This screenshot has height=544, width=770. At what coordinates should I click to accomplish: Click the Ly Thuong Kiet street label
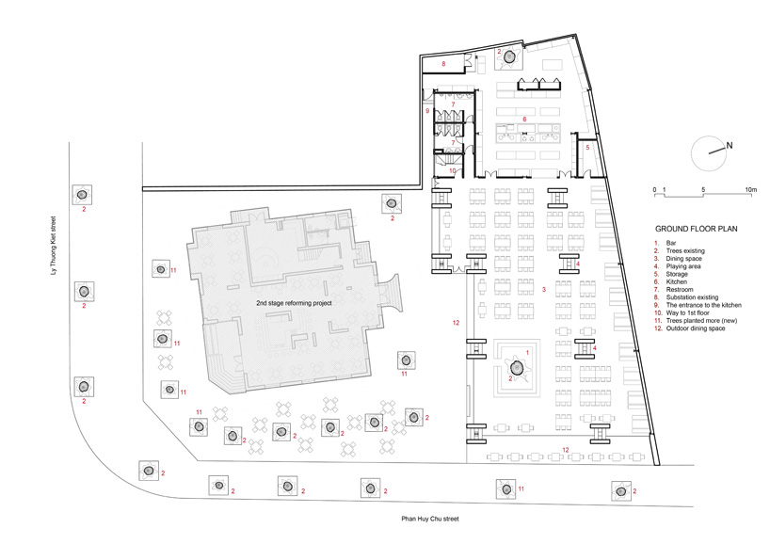pyautogui.click(x=54, y=245)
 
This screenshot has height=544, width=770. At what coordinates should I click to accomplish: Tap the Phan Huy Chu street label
pyautogui.click(x=430, y=519)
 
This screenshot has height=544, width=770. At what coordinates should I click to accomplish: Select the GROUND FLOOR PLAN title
pyautogui.click(x=697, y=229)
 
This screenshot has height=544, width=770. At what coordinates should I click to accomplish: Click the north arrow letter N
pyautogui.click(x=730, y=145)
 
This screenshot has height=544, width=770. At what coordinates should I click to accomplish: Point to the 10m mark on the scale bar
pyautogui.click(x=751, y=189)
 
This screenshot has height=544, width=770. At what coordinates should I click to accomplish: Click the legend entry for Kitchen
pyautogui.click(x=676, y=281)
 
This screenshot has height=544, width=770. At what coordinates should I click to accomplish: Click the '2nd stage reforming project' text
pyautogui.click(x=294, y=303)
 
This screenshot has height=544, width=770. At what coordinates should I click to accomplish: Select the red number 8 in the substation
pyautogui.click(x=443, y=64)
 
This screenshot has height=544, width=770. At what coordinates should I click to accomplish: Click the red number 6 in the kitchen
pyautogui.click(x=524, y=120)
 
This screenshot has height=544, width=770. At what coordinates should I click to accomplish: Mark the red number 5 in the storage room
pyautogui.click(x=587, y=147)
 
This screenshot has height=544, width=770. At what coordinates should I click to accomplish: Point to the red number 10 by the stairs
pyautogui.click(x=453, y=171)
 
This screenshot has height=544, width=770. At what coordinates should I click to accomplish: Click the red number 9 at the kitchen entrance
pyautogui.click(x=427, y=111)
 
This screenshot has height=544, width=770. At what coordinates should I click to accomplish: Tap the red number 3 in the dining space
pyautogui.click(x=544, y=290)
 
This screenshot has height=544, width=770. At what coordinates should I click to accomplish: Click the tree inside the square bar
pyautogui.click(x=517, y=367)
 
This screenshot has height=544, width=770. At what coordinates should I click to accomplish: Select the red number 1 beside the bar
pyautogui.click(x=528, y=353)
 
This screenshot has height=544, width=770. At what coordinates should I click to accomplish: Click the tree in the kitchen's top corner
pyautogui.click(x=511, y=57)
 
